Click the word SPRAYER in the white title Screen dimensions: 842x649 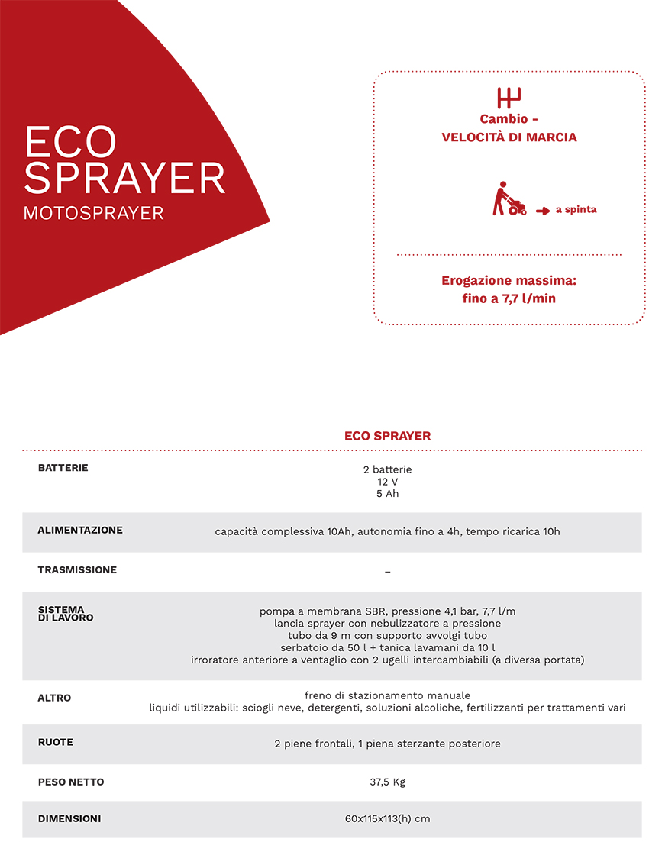124,177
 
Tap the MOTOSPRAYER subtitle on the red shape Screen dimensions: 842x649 94,213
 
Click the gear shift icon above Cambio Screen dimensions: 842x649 509,98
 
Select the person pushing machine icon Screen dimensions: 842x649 507,199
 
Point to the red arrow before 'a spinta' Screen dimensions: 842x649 543,210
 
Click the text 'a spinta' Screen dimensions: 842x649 576,209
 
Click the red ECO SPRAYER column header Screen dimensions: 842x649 387,436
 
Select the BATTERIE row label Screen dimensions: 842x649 63,467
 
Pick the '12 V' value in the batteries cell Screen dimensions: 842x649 387,482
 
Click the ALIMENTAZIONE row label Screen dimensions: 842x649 80,530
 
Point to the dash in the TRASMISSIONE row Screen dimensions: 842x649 387,571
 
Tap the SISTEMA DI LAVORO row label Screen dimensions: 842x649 66,613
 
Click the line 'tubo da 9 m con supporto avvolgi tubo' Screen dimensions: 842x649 387,635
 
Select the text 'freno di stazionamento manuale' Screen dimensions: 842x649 387,695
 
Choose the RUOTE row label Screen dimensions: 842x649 56,742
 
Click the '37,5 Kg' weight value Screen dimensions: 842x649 387,782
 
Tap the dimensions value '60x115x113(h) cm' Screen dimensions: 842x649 387,819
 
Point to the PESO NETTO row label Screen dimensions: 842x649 71,782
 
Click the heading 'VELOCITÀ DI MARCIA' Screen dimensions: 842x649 509,137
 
